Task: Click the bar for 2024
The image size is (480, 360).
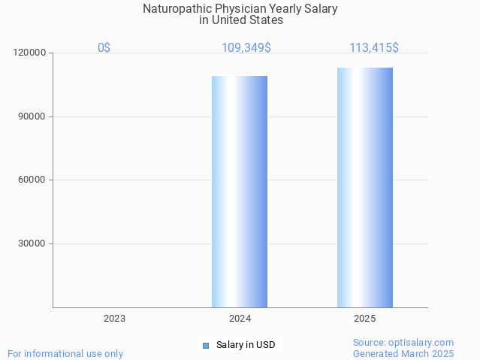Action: click(x=240, y=192)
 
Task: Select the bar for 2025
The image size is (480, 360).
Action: click(x=365, y=187)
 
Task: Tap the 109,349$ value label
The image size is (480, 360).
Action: click(x=246, y=48)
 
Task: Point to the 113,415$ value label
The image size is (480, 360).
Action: click(x=373, y=48)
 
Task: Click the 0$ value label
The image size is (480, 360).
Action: click(x=104, y=48)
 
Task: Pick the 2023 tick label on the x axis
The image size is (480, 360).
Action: click(x=114, y=319)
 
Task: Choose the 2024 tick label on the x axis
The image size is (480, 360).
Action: click(x=240, y=319)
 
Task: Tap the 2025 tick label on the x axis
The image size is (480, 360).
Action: click(x=365, y=319)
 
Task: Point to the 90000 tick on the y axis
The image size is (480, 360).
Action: click(x=32, y=116)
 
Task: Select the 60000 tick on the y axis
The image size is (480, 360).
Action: click(x=32, y=180)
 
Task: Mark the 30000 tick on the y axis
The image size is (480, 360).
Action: click(x=32, y=244)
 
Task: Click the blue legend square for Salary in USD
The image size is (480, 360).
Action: click(x=205, y=346)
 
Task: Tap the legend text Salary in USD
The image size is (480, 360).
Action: click(x=246, y=346)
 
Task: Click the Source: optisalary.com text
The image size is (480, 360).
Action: click(x=403, y=343)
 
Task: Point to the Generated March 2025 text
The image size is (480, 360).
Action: click(x=403, y=354)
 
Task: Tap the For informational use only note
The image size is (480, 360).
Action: click(x=65, y=354)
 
